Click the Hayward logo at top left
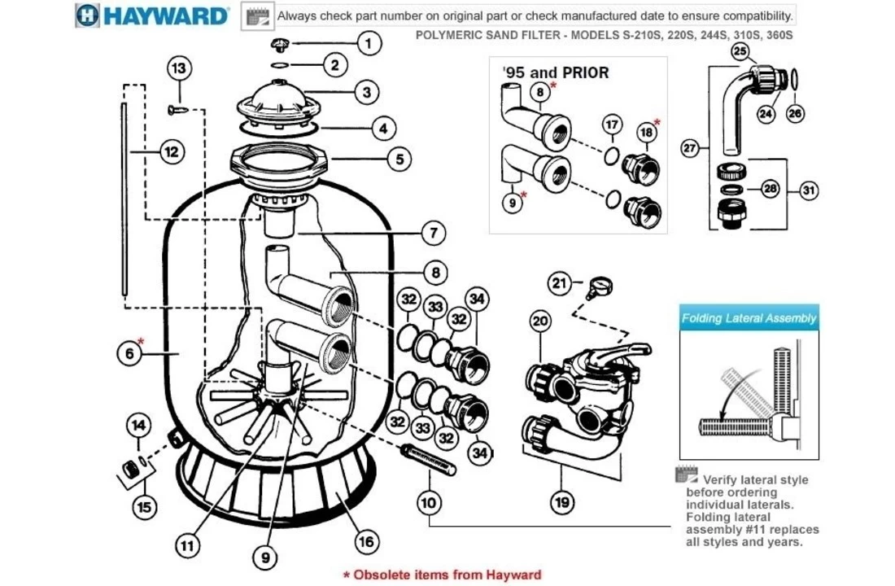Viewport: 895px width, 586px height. pyautogui.click(x=152, y=15)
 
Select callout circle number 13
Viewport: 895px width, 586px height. pyautogui.click(x=180, y=68)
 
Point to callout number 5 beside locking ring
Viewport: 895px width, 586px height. pyautogui.click(x=398, y=159)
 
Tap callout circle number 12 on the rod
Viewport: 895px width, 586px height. pyautogui.click(x=172, y=151)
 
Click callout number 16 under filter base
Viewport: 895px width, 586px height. pyautogui.click(x=368, y=540)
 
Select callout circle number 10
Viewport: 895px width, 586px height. pyautogui.click(x=429, y=503)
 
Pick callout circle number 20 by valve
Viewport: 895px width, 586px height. pyautogui.click(x=541, y=321)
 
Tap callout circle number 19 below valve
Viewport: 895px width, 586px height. pyautogui.click(x=561, y=502)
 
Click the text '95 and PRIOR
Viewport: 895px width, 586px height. pyautogui.click(x=556, y=73)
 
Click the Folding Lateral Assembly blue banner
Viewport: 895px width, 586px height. pyautogui.click(x=749, y=318)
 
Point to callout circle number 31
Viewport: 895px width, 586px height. pyautogui.click(x=808, y=191)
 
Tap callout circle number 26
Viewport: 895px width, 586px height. pyautogui.click(x=796, y=114)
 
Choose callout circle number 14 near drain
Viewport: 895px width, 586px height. pyautogui.click(x=139, y=425)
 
